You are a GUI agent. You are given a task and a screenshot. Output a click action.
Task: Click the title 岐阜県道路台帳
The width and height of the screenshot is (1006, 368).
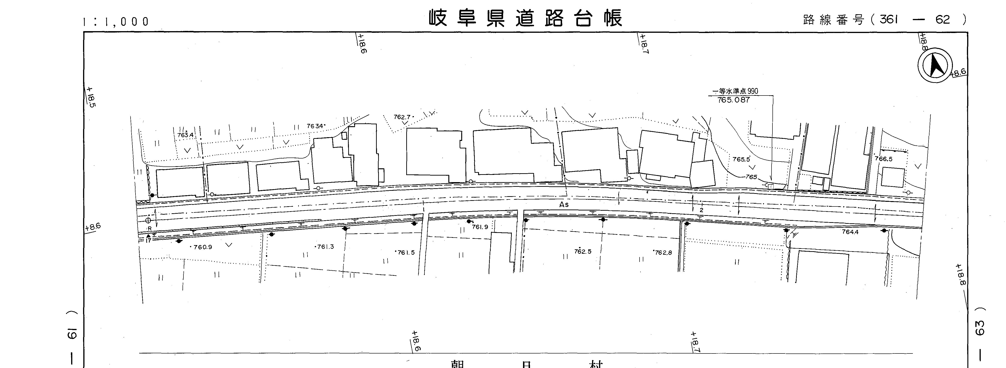(x=525, y=18)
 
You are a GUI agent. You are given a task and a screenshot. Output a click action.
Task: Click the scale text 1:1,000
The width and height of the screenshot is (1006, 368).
(x=116, y=22)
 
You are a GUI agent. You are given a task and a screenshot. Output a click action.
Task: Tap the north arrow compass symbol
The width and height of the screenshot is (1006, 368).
(x=935, y=65)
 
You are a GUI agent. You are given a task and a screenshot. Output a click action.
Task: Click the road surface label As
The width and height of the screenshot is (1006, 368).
(x=564, y=204)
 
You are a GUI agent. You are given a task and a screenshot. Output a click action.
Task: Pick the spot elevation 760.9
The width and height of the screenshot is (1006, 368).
(x=202, y=247)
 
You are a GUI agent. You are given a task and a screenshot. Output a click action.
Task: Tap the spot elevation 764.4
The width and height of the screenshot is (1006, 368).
(x=850, y=232)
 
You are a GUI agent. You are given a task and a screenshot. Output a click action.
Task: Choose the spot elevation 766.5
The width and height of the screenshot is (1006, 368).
(x=883, y=159)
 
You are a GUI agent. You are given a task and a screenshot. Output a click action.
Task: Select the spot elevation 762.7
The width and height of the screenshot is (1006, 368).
(x=402, y=117)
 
